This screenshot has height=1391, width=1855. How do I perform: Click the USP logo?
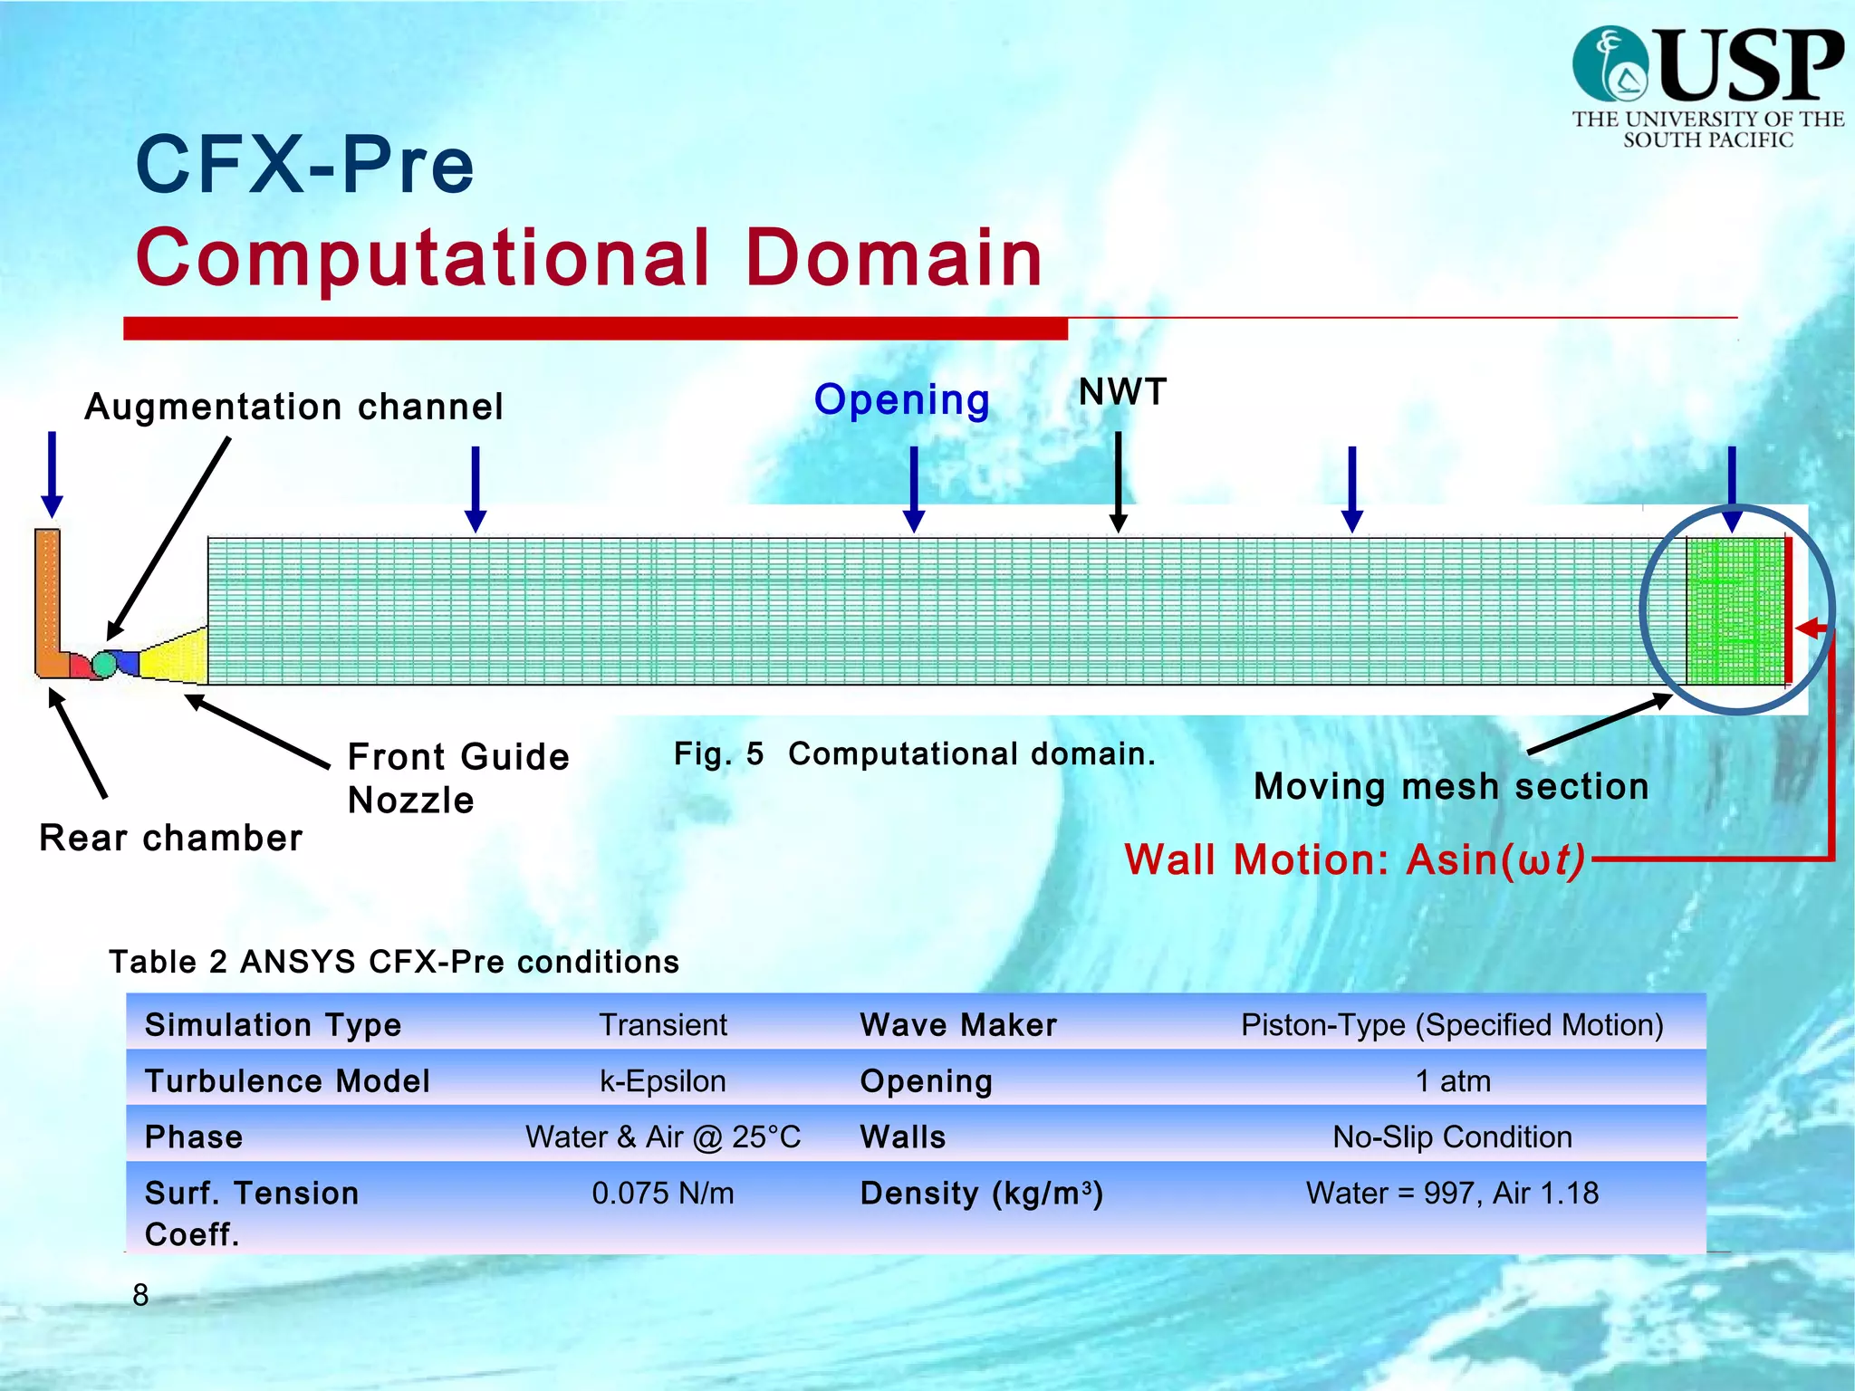coord(1707,86)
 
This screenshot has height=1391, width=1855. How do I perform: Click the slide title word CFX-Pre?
coord(305,165)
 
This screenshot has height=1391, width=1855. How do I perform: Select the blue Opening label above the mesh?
coord(901,399)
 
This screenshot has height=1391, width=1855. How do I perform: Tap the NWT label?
coord(1122,392)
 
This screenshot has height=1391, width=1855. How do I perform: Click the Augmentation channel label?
coord(293,407)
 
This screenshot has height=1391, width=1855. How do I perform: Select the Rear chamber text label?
coord(170,838)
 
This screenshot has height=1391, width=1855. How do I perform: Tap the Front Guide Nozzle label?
coord(457,778)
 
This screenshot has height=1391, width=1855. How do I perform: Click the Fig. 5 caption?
coord(914,753)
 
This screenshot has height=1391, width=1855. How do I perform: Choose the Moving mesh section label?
coord(1450,786)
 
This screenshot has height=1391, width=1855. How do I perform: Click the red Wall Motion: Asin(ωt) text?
coord(1354,859)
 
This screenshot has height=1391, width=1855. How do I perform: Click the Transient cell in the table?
coord(663,1024)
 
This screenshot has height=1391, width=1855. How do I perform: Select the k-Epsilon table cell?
coord(663,1080)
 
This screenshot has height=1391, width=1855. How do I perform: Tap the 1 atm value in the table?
coord(1452,1080)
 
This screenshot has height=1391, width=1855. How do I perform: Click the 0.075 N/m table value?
coord(663,1193)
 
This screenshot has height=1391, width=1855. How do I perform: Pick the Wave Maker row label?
coord(958,1024)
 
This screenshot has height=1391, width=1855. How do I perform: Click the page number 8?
coord(140,1295)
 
